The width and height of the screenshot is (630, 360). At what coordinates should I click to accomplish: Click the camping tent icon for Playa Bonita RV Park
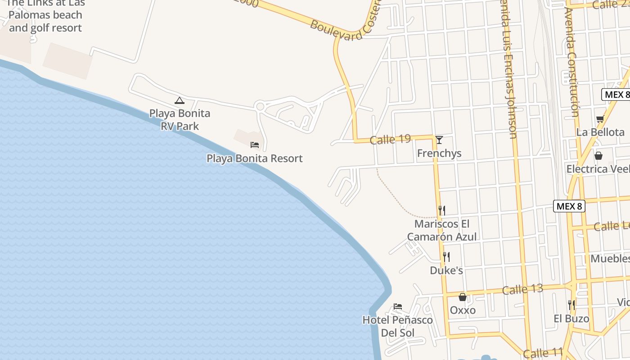tap(180, 100)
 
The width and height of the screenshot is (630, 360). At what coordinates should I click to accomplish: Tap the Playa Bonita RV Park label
tap(180, 120)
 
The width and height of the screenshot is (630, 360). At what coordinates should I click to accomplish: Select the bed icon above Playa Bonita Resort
tap(255, 144)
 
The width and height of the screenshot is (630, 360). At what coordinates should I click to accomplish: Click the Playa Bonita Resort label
tap(255, 158)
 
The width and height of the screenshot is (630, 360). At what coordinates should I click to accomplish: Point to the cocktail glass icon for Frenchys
tap(439, 139)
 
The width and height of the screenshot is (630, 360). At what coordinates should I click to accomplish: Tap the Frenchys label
tap(439, 153)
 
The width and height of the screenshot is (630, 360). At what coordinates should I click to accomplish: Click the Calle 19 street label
tap(390, 139)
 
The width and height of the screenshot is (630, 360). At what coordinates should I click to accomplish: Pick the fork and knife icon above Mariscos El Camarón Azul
tap(442, 210)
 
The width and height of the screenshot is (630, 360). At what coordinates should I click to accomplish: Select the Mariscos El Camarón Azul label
tap(442, 230)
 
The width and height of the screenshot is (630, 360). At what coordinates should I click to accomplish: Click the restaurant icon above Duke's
tap(446, 257)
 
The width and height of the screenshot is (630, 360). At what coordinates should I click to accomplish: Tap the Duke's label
tap(446, 270)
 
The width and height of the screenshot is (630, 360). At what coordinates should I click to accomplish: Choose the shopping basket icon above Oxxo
tap(463, 297)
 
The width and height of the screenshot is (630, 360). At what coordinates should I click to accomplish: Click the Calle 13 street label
tap(522, 288)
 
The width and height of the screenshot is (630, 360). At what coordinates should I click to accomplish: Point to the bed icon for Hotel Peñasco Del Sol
tap(398, 306)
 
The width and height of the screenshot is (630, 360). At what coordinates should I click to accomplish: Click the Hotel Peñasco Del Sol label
tap(398, 326)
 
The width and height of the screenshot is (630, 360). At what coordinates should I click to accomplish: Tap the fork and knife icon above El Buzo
tap(571, 305)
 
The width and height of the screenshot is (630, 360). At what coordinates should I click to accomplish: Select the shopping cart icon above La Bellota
tap(600, 119)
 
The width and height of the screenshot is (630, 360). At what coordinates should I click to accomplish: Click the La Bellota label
tap(600, 132)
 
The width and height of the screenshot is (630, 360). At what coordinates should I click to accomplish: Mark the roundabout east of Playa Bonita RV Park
tap(260, 107)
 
